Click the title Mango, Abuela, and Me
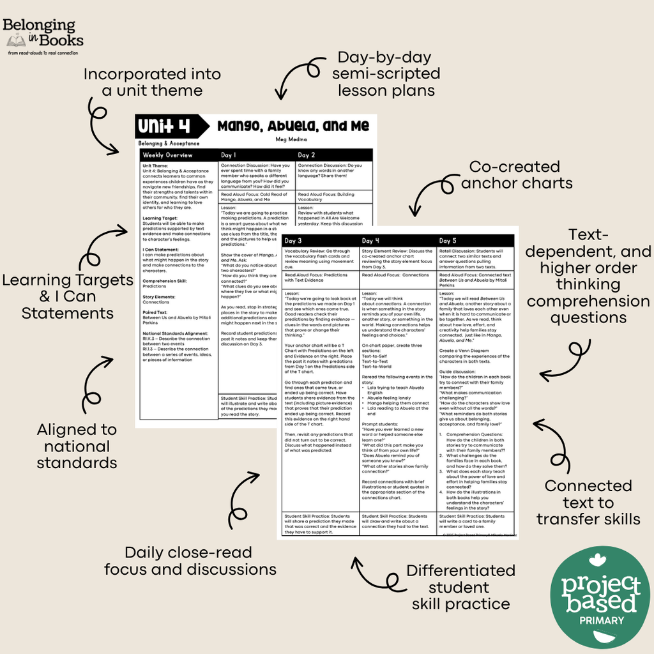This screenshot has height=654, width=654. [x=293, y=125]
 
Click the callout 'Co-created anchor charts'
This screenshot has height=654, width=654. [x=517, y=175]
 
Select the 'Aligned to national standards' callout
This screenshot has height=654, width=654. [x=77, y=446]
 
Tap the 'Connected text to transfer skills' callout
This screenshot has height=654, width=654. [x=588, y=503]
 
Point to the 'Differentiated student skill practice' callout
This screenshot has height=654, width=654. [x=460, y=587]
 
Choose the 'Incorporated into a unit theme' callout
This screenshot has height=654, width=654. [x=152, y=82]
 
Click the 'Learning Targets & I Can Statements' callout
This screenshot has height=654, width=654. [x=67, y=296]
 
